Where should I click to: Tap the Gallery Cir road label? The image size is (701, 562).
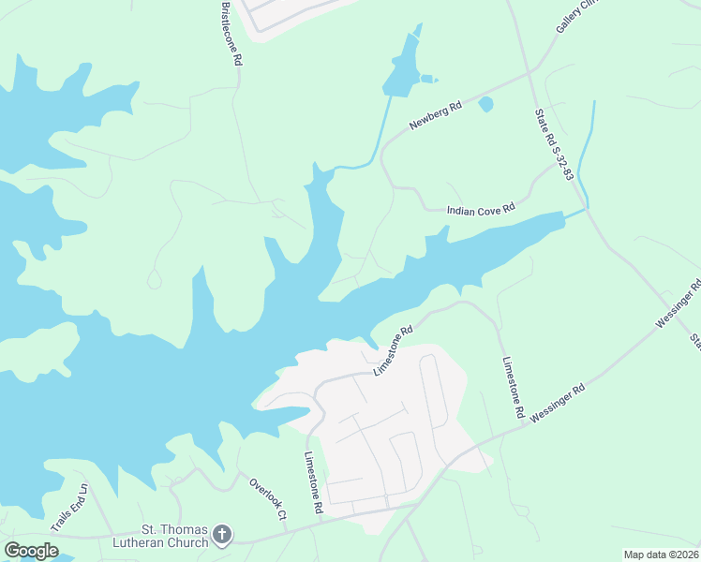pos(575,16)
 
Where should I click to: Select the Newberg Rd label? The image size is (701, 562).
pos(436,117)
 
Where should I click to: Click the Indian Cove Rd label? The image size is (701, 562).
pos(481,211)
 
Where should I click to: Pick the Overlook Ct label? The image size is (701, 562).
pos(267,498)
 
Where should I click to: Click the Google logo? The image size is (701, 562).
pos(32,551)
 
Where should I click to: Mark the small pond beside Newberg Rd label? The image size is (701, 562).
pos(485,104)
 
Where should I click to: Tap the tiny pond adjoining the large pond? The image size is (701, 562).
pos(427,78)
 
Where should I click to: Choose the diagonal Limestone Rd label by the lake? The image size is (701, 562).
pos(394,351)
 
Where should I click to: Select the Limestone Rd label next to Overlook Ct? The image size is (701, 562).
pos(313,482)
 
